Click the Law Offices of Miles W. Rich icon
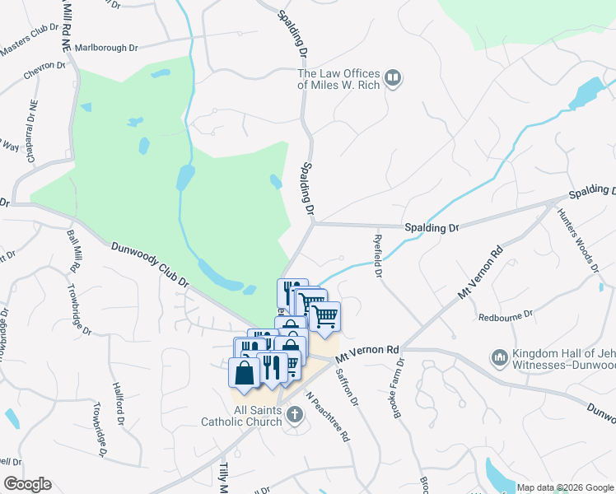[393, 79]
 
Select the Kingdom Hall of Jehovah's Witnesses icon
[499, 357]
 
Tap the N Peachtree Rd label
[329, 416]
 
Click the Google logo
[27, 484]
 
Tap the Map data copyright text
[564, 487]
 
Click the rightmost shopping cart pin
[325, 316]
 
